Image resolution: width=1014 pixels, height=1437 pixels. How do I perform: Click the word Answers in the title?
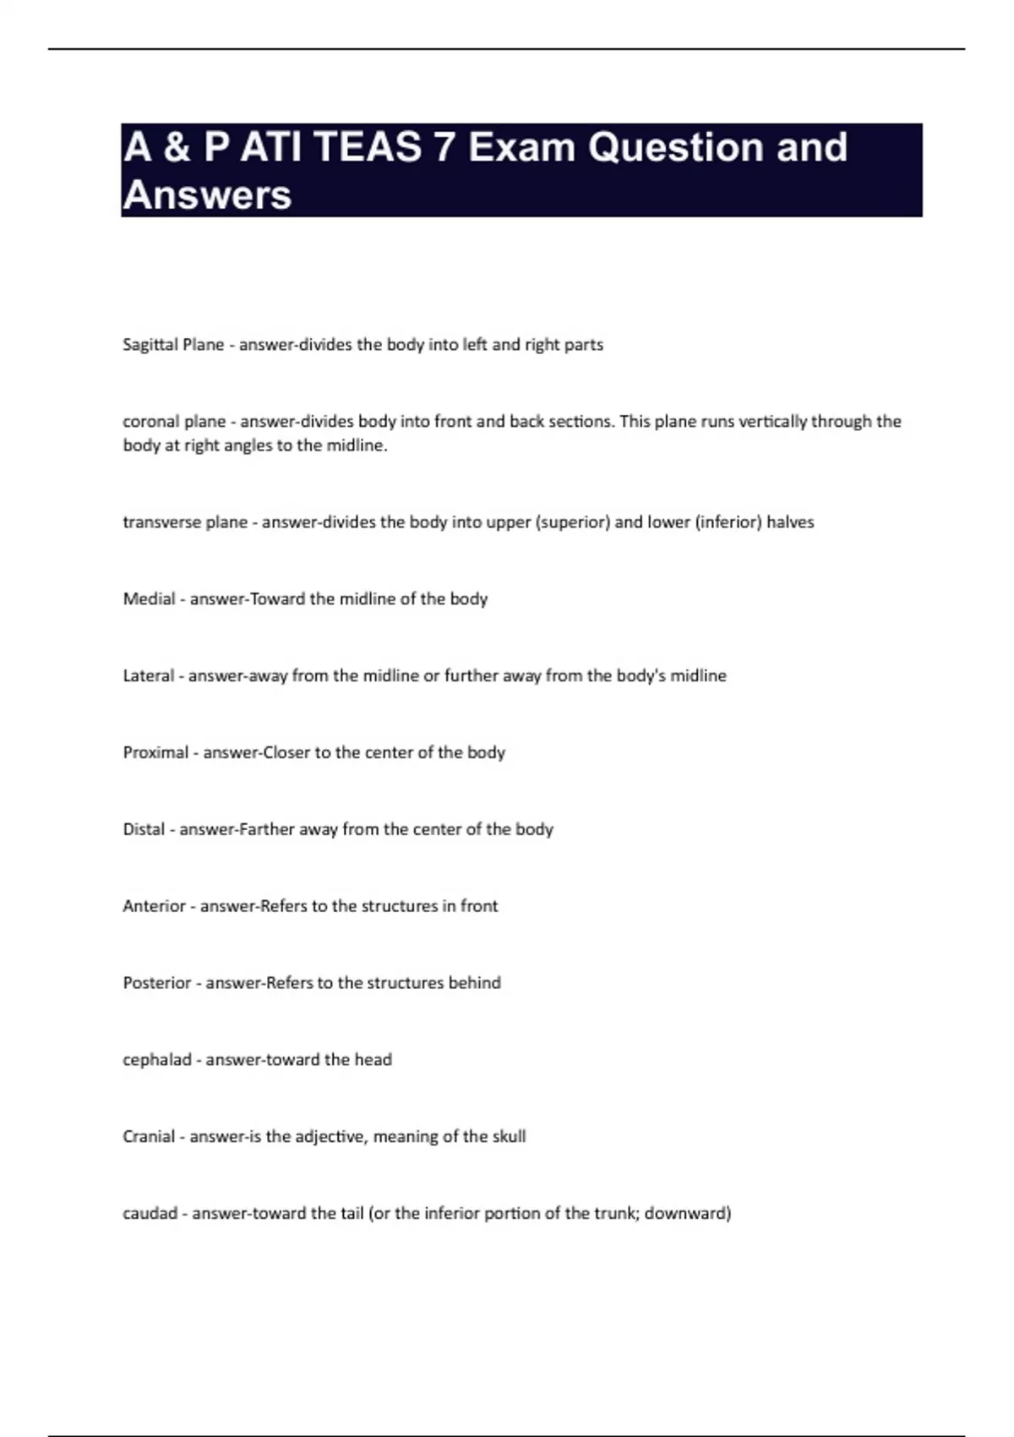point(207,195)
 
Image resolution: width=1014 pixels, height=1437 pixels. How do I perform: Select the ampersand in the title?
point(177,147)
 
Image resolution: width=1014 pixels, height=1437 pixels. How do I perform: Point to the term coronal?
point(145,422)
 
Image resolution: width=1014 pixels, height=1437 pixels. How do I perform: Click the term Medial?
point(149,599)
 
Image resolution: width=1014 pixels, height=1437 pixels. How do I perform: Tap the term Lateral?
point(148,676)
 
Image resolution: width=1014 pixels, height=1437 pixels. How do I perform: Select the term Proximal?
point(155,753)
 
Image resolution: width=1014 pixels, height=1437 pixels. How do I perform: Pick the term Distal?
point(144,829)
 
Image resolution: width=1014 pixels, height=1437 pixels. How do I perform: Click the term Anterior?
point(154,906)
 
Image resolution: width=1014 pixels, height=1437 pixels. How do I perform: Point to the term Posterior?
point(156,983)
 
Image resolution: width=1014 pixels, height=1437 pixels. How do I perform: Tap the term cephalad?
point(156,1060)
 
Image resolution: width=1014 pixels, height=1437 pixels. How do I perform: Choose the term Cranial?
point(149,1137)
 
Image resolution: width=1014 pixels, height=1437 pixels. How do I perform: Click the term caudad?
point(150,1214)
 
